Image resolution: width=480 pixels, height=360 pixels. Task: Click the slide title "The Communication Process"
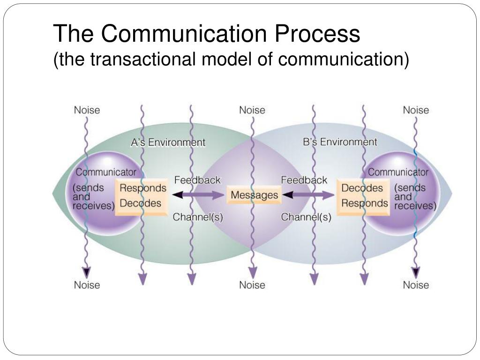(x=206, y=34)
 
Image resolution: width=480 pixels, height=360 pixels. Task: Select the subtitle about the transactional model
(x=231, y=59)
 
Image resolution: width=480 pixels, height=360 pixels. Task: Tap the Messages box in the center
(x=254, y=195)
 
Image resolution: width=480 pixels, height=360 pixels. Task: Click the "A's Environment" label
(x=167, y=142)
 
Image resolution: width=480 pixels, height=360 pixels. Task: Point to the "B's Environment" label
(x=340, y=142)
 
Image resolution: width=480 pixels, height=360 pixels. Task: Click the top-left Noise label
(x=87, y=110)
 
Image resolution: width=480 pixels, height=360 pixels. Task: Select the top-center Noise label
(x=252, y=110)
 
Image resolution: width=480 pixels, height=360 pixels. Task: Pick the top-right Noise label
(x=416, y=110)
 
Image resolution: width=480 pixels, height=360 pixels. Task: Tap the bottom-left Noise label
(x=87, y=285)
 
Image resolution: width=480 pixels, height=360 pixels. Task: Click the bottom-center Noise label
(x=252, y=285)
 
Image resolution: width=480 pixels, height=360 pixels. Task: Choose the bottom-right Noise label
(x=416, y=285)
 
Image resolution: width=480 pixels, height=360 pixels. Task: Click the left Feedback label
(x=197, y=180)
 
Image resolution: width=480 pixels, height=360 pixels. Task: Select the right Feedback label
(x=304, y=180)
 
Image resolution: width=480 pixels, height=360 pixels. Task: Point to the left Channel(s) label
(x=198, y=217)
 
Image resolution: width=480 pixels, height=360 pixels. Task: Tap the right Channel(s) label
(x=306, y=217)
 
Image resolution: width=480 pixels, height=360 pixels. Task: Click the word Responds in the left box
(x=143, y=188)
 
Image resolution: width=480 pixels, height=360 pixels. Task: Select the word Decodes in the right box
(x=362, y=188)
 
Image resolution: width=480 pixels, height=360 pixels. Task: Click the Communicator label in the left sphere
(x=106, y=172)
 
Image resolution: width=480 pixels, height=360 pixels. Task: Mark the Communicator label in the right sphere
(x=398, y=172)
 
